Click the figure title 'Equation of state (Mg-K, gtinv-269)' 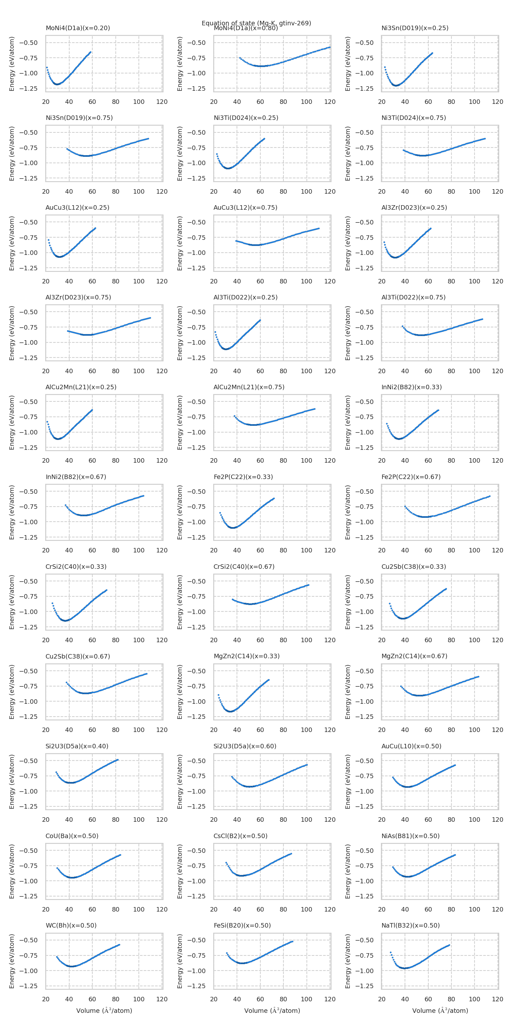pyautogui.click(x=256, y=23)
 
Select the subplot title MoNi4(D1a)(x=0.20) pyautogui.click(x=78, y=28)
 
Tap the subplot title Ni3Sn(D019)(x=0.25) pyautogui.click(x=415, y=28)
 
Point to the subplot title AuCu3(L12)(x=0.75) pyautogui.click(x=245, y=207)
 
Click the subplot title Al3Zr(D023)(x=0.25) pyautogui.click(x=414, y=207)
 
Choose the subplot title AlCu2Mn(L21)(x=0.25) pyautogui.click(x=81, y=387)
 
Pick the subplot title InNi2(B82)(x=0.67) pyautogui.click(x=76, y=477)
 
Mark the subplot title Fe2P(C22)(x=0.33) pyautogui.click(x=243, y=477)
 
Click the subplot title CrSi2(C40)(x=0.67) pyautogui.click(x=244, y=566)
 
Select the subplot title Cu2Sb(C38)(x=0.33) pyautogui.click(x=413, y=566)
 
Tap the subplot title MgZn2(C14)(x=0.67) pyautogui.click(x=414, y=656)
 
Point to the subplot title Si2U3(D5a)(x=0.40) pyautogui.click(x=77, y=746)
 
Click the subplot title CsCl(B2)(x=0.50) pyautogui.click(x=240, y=836)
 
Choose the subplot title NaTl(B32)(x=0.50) pyautogui.click(x=410, y=925)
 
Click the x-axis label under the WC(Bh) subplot pyautogui.click(x=104, y=1011)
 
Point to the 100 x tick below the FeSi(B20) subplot pyautogui.click(x=306, y=999)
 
